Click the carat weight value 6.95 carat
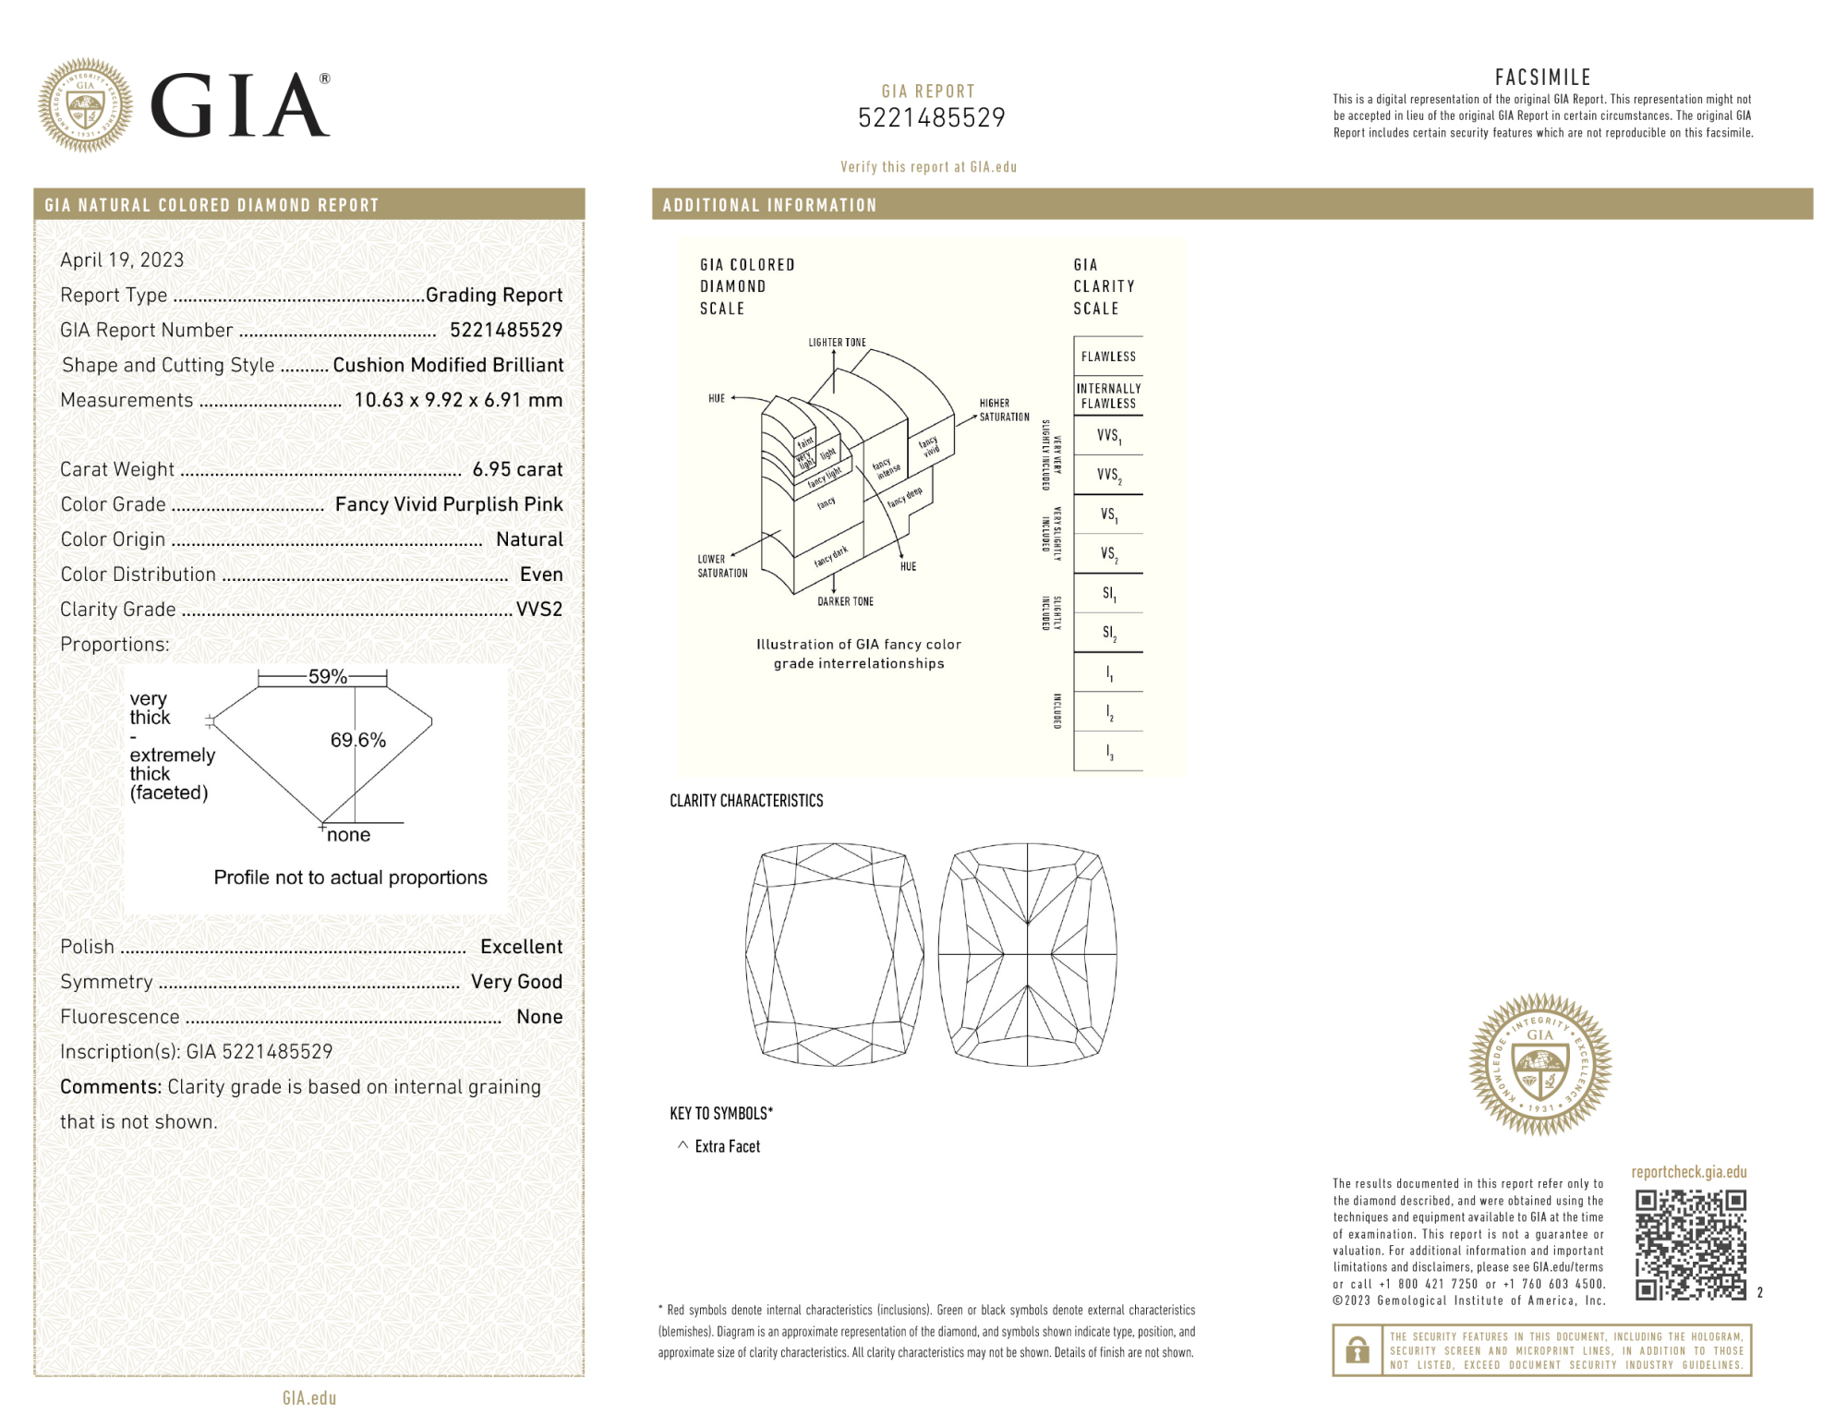pos(517,469)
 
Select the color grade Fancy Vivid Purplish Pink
pos(449,504)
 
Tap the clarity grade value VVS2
pos(538,610)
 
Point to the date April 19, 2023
pos(122,260)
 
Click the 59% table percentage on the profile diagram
pos(327,677)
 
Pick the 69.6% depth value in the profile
pos(358,740)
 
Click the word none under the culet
pos(348,835)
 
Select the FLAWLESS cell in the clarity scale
pos(1108,357)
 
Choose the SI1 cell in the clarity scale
pos(1108,594)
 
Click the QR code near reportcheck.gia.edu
pos(1690,1245)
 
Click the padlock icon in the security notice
pos(1357,1350)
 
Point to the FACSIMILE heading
pos(1542,78)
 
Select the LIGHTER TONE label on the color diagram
pos(837,343)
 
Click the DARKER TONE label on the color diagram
pos(845,601)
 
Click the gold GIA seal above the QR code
pos(1539,1064)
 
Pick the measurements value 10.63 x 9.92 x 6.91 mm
pos(458,400)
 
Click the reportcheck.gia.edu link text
pos(1688,1172)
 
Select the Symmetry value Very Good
pos(516,982)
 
